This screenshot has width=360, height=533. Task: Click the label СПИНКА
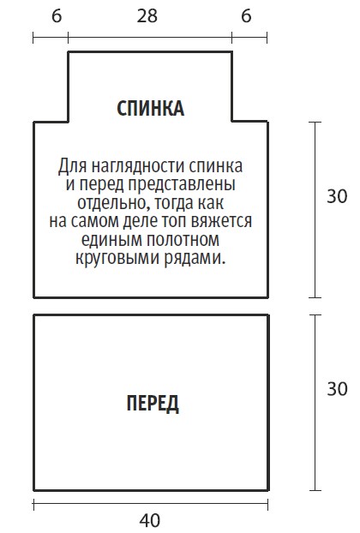coord(150,109)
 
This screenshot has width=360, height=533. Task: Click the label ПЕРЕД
coord(153,403)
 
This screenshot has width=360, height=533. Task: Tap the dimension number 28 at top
coord(147,16)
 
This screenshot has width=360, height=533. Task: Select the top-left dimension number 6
coord(57,16)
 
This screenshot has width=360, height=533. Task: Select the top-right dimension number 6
coord(247,16)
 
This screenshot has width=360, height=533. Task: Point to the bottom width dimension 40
coord(150,520)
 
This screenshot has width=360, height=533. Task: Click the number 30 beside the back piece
coord(337,196)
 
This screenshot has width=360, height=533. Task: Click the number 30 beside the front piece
coord(337,388)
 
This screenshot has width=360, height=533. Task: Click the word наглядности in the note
coord(139,166)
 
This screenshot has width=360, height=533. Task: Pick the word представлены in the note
coord(182,184)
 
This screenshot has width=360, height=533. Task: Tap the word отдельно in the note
coord(114,203)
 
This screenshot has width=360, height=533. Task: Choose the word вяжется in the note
coord(221,221)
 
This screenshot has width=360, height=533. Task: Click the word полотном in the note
coord(183,239)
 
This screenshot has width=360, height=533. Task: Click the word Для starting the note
coord(73,166)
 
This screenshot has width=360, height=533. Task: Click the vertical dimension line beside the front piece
coord(315,403)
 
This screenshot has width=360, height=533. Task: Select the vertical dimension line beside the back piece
coord(315,210)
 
